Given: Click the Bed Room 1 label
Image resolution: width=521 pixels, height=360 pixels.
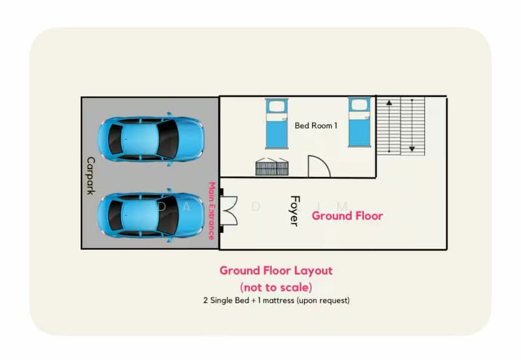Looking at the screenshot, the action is (316, 126).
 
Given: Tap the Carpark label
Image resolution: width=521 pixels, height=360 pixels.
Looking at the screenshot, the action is (91, 176).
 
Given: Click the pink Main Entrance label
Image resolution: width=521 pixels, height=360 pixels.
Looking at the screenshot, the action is (212, 210).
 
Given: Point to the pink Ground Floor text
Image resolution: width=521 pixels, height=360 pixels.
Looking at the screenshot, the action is (347, 216).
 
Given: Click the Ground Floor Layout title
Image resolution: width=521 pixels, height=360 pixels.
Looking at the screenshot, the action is (275, 271).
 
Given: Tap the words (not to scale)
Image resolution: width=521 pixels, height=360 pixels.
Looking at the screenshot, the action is (275, 287).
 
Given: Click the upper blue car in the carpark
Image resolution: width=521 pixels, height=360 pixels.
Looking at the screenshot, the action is (150, 139).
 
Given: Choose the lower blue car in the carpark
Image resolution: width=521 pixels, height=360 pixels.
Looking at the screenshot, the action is (150, 215).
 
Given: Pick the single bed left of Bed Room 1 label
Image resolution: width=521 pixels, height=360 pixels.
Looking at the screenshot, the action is (276, 123).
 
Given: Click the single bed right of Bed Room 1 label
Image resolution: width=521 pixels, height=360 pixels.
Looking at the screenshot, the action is (359, 122).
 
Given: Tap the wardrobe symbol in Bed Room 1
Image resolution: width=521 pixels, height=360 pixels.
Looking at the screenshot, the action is (272, 167).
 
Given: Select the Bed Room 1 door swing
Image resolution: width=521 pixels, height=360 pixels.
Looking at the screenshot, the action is (319, 167).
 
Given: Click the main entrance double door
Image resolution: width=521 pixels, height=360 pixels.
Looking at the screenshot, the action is (229, 210).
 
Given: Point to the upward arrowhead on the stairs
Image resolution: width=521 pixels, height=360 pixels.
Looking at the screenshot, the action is (389, 103).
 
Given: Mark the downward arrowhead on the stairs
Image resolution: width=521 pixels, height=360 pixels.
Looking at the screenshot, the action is (412, 149).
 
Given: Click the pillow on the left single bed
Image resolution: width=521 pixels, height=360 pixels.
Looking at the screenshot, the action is (276, 107).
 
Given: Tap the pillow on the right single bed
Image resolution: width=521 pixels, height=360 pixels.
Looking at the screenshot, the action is (359, 105).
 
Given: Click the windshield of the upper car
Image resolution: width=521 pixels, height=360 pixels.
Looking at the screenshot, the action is (168, 139).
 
